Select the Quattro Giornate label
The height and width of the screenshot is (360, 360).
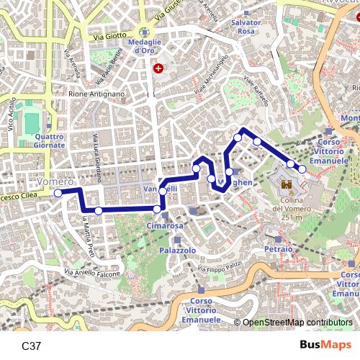tap(49, 140)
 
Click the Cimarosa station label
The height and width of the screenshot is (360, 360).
tap(165, 225)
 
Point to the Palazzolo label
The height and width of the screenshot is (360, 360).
tap(178, 250)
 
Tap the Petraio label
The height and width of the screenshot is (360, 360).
tap(278, 248)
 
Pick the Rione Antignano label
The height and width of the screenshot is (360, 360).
tap(96, 94)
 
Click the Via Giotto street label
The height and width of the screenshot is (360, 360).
tap(109, 34)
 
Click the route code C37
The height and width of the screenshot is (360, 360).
tap(32, 346)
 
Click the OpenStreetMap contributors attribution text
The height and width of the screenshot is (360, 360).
tap(297, 323)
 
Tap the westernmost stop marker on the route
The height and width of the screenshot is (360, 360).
tap(58, 193)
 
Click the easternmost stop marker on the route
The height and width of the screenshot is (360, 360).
tap(302, 168)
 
